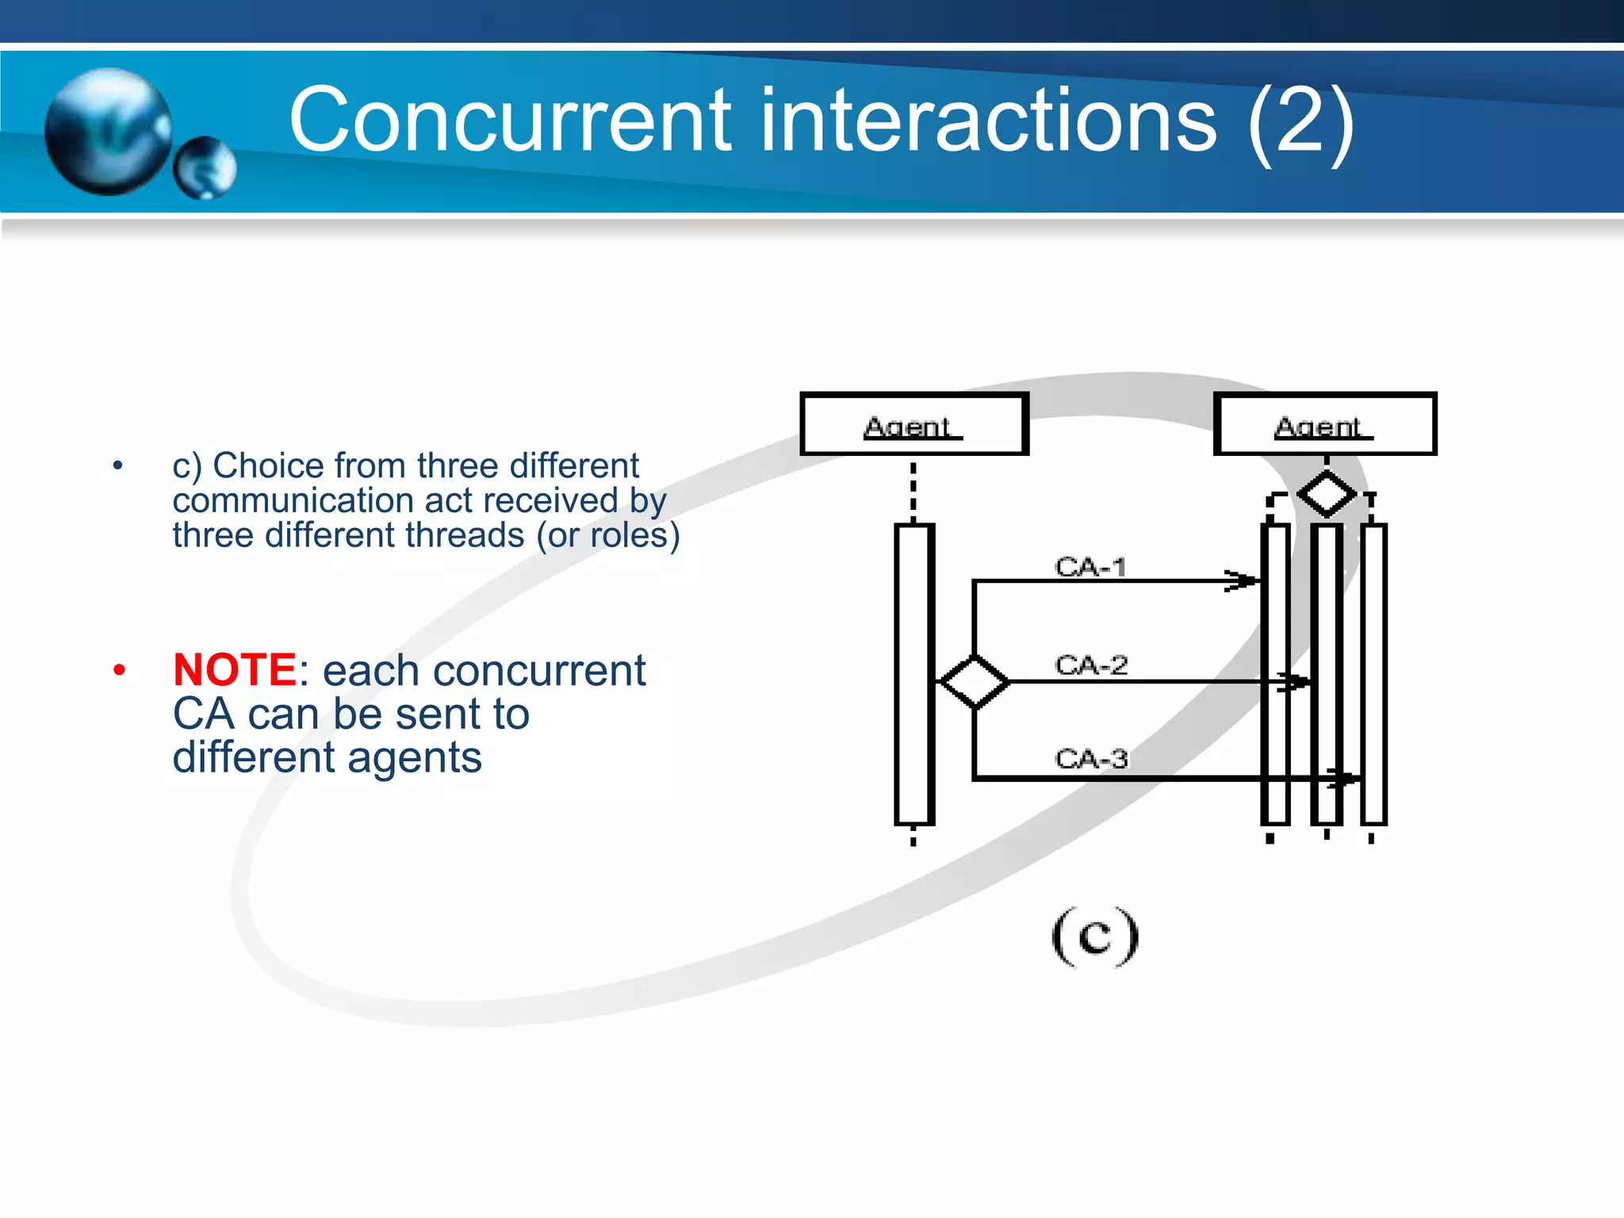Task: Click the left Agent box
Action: pyautogui.click(x=913, y=424)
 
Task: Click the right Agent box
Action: pyautogui.click(x=1324, y=424)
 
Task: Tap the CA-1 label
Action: pyautogui.click(x=1090, y=567)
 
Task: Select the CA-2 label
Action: pyautogui.click(x=1091, y=665)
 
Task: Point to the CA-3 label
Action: pyautogui.click(x=1091, y=759)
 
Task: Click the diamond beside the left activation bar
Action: pyautogui.click(x=974, y=681)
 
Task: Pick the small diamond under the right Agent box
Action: pyautogui.click(x=1327, y=493)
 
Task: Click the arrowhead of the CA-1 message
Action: pyautogui.click(x=1243, y=580)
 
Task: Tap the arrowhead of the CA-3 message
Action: pyautogui.click(x=1343, y=779)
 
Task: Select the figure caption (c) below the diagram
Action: pyautogui.click(x=1095, y=936)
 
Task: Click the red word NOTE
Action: pyautogui.click(x=235, y=670)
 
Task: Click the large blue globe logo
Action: pyautogui.click(x=108, y=131)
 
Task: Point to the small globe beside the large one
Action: pyautogui.click(x=205, y=168)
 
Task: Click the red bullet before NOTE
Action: pyautogui.click(x=119, y=671)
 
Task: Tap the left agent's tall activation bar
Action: pyautogui.click(x=913, y=674)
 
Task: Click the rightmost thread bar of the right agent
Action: pyautogui.click(x=1373, y=674)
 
